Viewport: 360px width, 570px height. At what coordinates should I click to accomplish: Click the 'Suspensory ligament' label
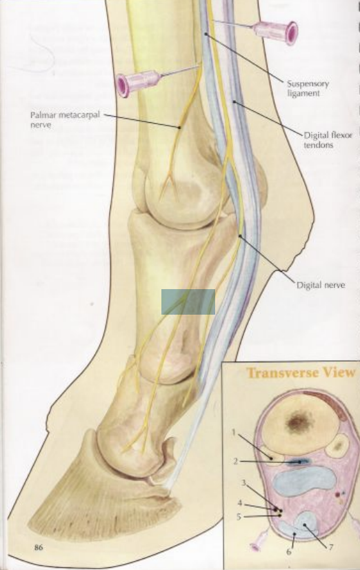click(308, 88)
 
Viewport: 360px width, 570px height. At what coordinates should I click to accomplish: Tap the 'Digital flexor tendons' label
click(328, 140)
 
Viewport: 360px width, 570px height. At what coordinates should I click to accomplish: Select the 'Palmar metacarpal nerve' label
click(65, 119)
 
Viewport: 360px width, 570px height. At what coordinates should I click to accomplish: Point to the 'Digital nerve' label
click(321, 285)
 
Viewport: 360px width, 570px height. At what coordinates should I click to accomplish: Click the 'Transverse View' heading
click(301, 373)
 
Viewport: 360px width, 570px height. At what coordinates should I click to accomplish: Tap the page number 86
click(39, 547)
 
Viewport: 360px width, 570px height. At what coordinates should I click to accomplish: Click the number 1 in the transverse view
click(234, 432)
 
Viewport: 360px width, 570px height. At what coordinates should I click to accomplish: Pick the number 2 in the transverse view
click(236, 461)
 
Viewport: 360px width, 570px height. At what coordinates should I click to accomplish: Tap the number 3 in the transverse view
click(244, 483)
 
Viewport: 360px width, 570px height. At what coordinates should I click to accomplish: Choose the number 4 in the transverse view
click(240, 503)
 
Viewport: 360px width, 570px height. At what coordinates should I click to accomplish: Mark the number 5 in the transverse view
click(239, 517)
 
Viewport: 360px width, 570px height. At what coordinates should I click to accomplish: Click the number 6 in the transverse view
click(289, 551)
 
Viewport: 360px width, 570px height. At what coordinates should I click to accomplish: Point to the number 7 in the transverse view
click(331, 547)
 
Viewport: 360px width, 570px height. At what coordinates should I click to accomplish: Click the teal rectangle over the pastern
click(188, 302)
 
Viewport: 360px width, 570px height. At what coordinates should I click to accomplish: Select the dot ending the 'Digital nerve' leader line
click(240, 236)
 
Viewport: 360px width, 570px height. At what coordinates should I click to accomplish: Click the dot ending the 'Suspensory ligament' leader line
click(206, 34)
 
